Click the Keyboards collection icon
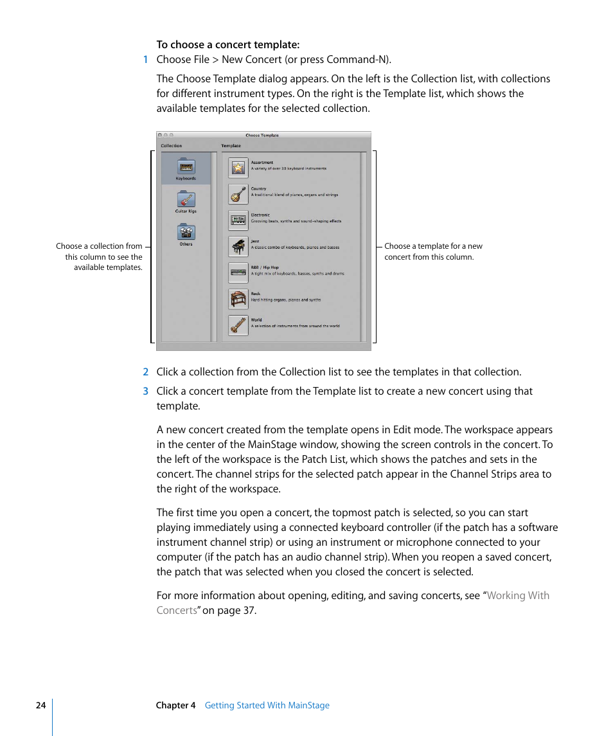(186, 167)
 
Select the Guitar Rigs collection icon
(186, 200)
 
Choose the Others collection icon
(186, 232)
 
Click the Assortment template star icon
(238, 168)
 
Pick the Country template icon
(238, 194)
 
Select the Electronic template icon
(238, 220)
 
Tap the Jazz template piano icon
(238, 247)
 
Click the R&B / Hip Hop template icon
(238, 273)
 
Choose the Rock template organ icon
(238, 299)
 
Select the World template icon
(238, 325)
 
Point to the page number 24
(40, 705)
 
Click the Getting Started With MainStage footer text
(267, 705)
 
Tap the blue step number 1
(145, 60)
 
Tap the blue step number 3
(145, 391)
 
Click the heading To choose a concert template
(228, 45)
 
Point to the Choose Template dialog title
(262, 136)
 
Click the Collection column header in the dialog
(172, 146)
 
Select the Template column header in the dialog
(231, 146)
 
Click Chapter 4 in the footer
(175, 705)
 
